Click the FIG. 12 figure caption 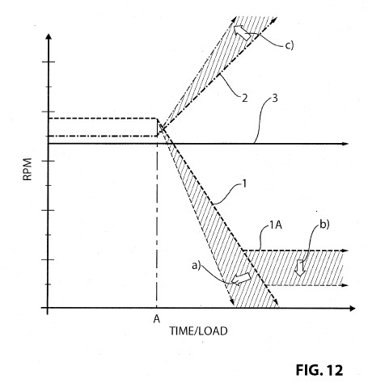click(x=319, y=370)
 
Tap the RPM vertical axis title click(x=27, y=169)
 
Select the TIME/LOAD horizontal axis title click(x=198, y=330)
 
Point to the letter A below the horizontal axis click(x=157, y=319)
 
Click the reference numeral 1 click(x=244, y=184)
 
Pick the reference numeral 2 click(x=244, y=98)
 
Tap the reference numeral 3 click(x=275, y=98)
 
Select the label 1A click(x=276, y=225)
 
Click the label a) click(x=197, y=266)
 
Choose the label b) click(x=324, y=224)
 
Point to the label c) click(x=290, y=45)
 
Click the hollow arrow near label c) click(x=242, y=32)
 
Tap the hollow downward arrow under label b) click(x=299, y=267)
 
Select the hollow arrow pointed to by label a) click(x=241, y=278)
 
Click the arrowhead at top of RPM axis click(x=49, y=36)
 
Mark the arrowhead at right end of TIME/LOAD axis click(x=352, y=308)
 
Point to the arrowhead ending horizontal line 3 click(x=345, y=144)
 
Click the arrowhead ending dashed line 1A click(x=345, y=250)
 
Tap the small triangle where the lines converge click(x=159, y=128)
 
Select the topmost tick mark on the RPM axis click(x=49, y=62)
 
